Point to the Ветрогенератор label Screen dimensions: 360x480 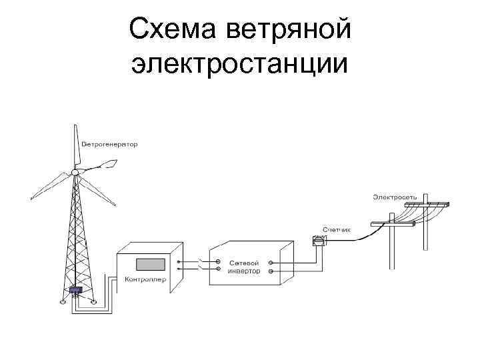coord(109,145)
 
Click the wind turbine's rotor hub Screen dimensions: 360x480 coord(75,173)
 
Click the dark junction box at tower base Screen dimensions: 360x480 coord(75,291)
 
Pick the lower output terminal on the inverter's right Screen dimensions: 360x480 coord(270,271)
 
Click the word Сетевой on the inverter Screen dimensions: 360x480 coord(243,261)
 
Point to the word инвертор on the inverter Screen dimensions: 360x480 coord(243,271)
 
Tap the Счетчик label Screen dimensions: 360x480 coord(336,229)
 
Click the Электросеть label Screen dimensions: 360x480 coord(395,197)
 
